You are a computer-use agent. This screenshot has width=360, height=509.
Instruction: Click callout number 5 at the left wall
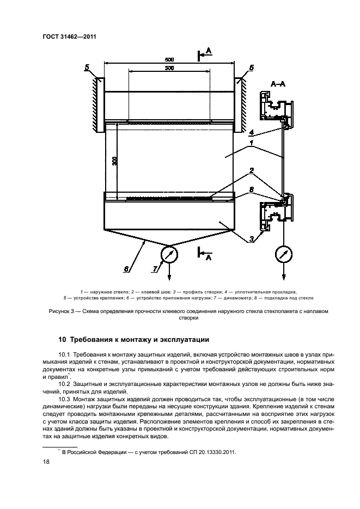87,67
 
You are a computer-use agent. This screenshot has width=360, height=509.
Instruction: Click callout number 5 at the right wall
251,68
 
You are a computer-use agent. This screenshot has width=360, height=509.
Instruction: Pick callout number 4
252,132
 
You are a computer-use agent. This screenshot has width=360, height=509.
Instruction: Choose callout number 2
252,170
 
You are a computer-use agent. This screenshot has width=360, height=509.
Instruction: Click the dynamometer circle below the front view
170,255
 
